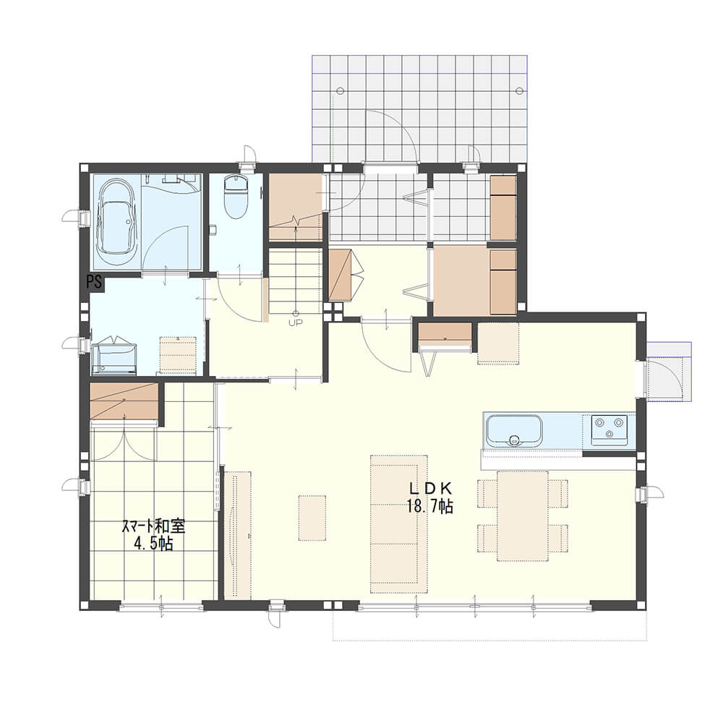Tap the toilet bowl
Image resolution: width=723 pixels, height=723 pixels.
pos(236,196)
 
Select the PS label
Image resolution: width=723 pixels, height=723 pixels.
pos(95,282)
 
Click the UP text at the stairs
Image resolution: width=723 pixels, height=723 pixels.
pos(295,322)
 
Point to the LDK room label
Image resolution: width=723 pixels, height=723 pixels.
pos(430,488)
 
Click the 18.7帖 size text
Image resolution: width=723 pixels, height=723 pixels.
pos(429,506)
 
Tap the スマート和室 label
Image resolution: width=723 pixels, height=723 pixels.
pos(153,527)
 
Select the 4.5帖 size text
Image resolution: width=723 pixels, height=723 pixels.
pos(153,544)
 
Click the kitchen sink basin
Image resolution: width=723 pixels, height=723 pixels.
pos(514,431)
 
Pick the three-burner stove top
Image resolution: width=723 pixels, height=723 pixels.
pos(609,429)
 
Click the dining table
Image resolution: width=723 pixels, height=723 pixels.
pos(523,516)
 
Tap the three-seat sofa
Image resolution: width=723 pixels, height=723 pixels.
pos(399,524)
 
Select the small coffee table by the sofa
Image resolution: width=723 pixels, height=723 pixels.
pos(312,518)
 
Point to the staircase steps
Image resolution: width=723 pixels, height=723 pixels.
pos(295,281)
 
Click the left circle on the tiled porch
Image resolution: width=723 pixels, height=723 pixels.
pos(341,91)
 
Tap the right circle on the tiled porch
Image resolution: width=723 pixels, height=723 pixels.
pos(520,91)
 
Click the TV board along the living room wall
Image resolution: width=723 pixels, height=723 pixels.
pos(237,535)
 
